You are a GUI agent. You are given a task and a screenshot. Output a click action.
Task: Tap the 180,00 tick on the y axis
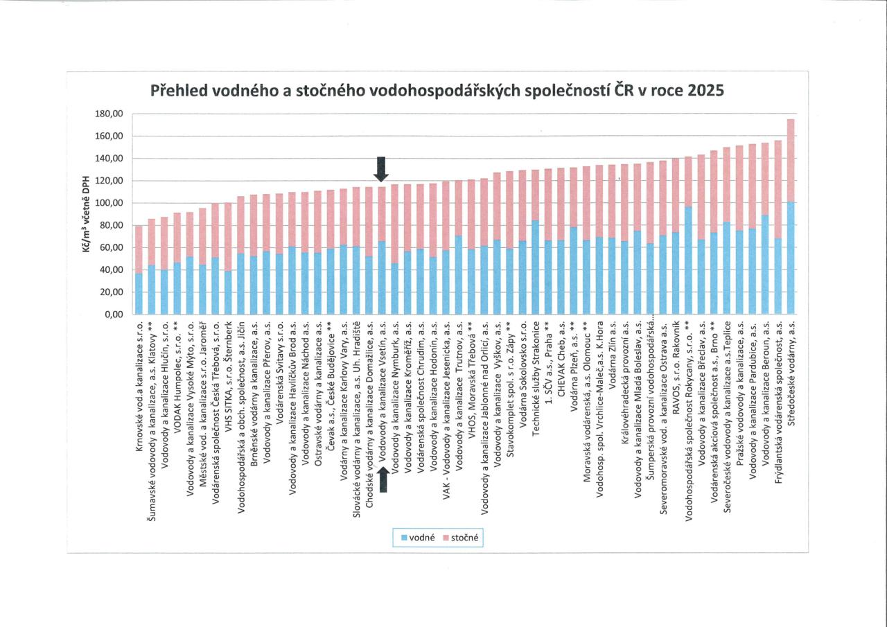click(108, 114)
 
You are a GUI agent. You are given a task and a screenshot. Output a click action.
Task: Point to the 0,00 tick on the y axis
click(113, 315)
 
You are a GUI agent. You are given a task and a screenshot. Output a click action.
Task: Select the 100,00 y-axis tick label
click(108, 203)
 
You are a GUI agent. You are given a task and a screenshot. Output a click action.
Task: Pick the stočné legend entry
click(461, 537)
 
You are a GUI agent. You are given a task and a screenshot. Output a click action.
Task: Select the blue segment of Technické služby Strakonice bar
click(536, 267)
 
